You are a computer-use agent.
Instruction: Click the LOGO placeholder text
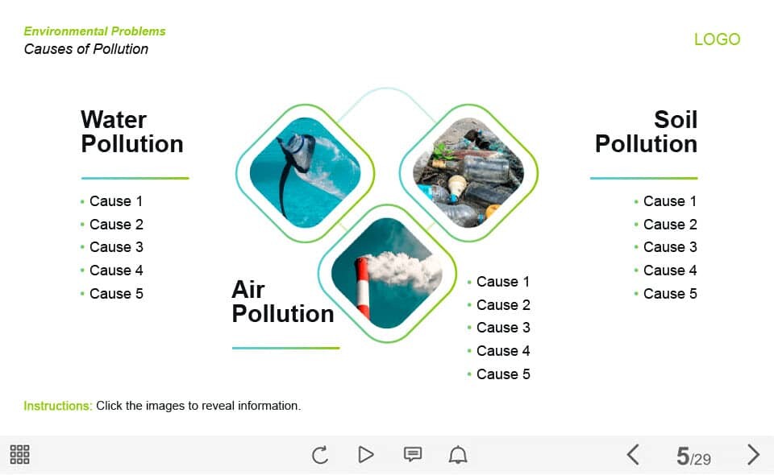[718, 39]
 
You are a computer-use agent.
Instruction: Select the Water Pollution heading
[131, 131]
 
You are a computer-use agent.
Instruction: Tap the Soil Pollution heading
[646, 131]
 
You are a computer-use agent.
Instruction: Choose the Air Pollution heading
[283, 301]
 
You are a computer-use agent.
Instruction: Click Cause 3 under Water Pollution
[116, 247]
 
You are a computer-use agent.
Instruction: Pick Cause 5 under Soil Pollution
[670, 294]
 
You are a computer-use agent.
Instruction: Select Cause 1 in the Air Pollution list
[503, 282]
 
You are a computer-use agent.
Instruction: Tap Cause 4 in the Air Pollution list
[503, 351]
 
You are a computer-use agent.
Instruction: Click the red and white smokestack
[362, 287]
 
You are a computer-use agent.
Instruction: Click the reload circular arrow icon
[320, 454]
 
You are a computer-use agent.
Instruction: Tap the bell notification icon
[458, 454]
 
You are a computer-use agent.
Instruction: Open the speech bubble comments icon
[413, 454]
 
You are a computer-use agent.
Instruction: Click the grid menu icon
[19, 454]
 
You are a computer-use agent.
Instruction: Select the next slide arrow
[753, 454]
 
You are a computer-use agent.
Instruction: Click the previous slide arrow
[633, 454]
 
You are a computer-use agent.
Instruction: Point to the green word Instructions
[58, 406]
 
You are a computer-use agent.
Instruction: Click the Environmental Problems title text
[95, 31]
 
